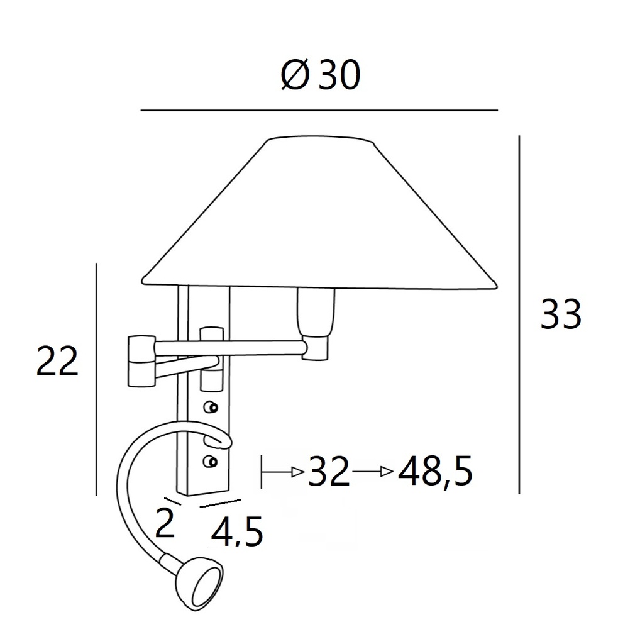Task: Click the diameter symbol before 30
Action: pyautogui.click(x=294, y=74)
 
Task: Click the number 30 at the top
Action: pyautogui.click(x=339, y=74)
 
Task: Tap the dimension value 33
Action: pyautogui.click(x=561, y=314)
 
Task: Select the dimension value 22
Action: pyautogui.click(x=57, y=362)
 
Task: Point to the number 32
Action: pyautogui.click(x=329, y=472)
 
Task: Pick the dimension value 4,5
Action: pyautogui.click(x=237, y=532)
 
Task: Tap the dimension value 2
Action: pyautogui.click(x=165, y=523)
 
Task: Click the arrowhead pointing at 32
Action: pyautogui.click(x=298, y=472)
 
